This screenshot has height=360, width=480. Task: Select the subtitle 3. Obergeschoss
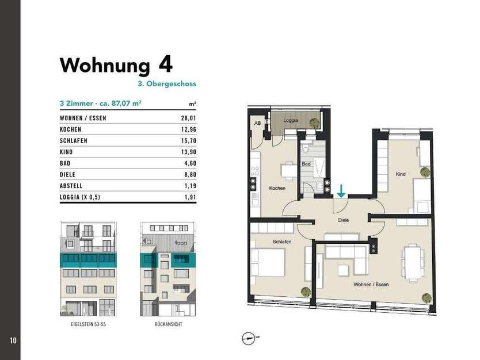point(166,84)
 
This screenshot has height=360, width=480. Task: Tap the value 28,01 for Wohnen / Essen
point(189,118)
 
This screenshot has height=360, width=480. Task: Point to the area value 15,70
point(189,140)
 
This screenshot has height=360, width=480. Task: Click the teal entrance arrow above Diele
point(341,190)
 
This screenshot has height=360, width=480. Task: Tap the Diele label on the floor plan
point(344,220)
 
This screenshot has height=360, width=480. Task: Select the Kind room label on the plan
point(401,174)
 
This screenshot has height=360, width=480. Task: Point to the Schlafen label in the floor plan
point(281,242)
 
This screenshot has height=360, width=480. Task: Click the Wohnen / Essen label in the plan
point(369,284)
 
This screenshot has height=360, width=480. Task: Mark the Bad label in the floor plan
point(307,164)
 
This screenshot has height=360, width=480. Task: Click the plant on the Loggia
point(314,121)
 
